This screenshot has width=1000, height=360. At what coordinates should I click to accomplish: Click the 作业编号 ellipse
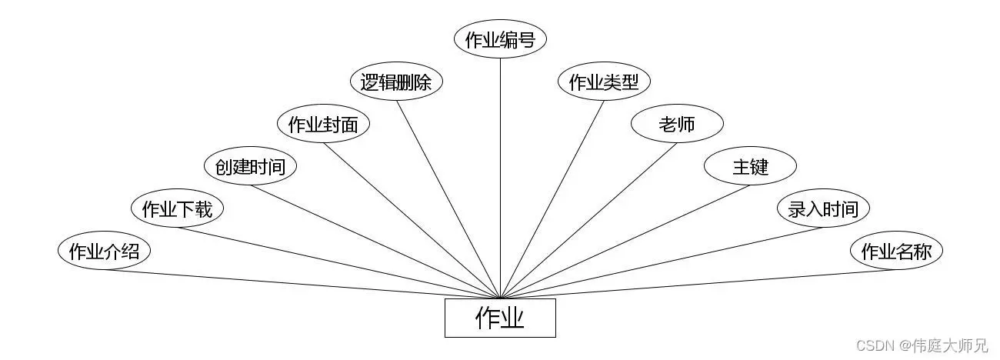pos(500,40)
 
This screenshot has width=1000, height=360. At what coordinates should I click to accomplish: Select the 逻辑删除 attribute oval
pos(396,82)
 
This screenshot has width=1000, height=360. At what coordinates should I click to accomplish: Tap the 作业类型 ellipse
pos(604,82)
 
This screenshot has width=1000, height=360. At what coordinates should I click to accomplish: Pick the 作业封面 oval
pos(323,125)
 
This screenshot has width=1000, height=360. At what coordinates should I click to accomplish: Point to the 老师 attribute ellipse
pos(677,125)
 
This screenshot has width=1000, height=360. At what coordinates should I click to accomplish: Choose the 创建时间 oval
pos(250,166)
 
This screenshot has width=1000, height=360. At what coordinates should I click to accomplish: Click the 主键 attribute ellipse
pos(750,166)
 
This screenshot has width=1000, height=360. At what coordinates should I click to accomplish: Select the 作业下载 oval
pos(177,208)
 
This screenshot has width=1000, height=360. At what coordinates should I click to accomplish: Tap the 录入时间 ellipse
pos(823,208)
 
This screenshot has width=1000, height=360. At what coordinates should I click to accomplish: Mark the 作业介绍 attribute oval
pos(104,252)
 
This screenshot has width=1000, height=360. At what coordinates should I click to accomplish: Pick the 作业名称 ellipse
pos(896,252)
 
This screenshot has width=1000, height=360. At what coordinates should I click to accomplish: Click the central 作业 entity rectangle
pos(500,318)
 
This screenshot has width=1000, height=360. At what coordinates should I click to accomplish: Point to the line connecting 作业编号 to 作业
pos(500,177)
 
